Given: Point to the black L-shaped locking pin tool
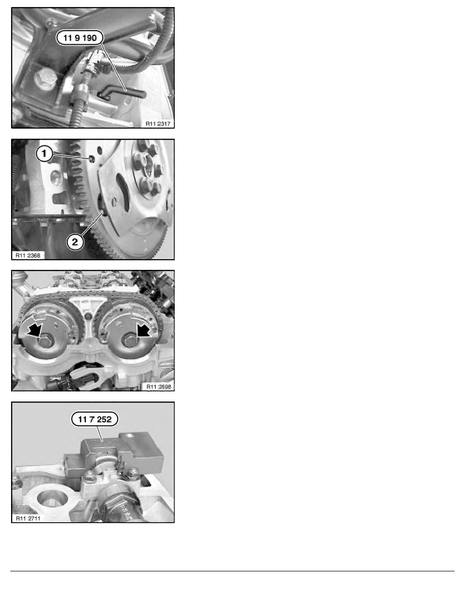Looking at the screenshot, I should point(123,93).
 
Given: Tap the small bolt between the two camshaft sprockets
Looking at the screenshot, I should point(89,317).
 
